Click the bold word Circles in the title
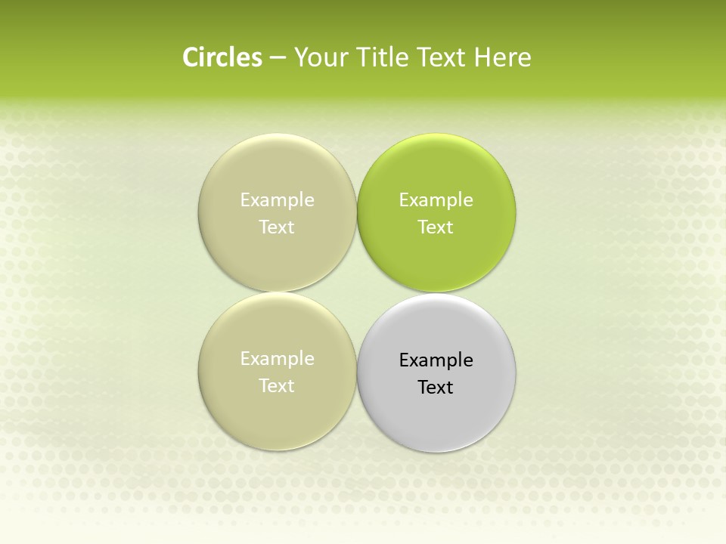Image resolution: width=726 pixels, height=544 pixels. (222, 57)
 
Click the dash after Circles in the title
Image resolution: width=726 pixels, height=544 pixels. (278, 58)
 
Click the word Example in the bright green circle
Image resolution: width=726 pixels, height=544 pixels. (436, 200)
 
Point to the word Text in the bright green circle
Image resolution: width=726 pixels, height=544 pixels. (436, 227)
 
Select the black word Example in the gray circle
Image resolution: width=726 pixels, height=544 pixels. (436, 360)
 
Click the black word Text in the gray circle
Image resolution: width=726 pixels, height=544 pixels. (436, 388)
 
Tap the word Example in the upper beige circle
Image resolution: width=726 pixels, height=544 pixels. (277, 200)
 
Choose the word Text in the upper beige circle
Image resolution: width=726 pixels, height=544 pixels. (277, 227)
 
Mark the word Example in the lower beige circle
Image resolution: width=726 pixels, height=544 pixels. (277, 359)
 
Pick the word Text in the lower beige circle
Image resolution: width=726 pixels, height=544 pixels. (277, 386)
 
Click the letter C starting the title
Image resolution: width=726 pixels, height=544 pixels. (190, 57)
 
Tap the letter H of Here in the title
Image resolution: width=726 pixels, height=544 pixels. (482, 57)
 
